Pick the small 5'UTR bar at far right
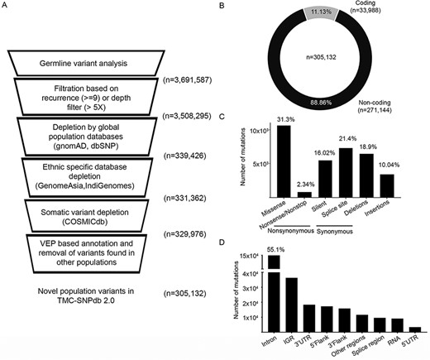414,329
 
